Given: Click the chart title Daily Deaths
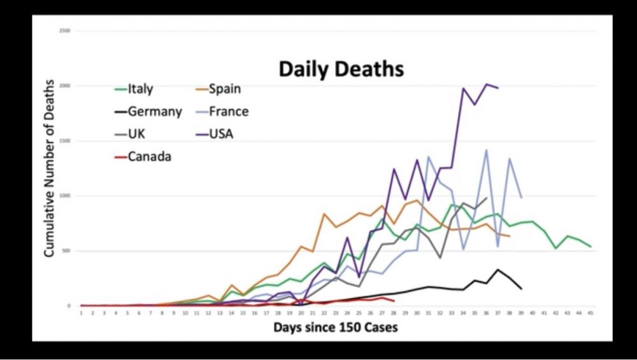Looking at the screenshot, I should (x=341, y=69).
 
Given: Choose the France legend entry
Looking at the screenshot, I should (x=228, y=112).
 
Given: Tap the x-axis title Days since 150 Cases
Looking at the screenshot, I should (x=336, y=328).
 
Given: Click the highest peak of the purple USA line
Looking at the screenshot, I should (x=487, y=84).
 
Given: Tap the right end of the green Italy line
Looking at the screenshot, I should (x=590, y=247).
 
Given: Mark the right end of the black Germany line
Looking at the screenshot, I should (x=522, y=289).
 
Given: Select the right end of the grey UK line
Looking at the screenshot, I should (x=487, y=198).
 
